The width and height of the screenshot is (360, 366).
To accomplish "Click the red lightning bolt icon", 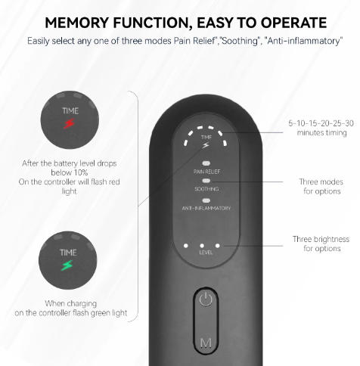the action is (x=69, y=123).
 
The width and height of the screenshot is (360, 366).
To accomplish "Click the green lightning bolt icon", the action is (x=67, y=265).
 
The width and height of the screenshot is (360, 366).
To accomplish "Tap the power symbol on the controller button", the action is (x=206, y=299).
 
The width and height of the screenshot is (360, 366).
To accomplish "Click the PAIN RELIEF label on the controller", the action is (x=206, y=172).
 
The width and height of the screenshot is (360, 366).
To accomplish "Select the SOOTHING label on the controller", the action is (x=206, y=189).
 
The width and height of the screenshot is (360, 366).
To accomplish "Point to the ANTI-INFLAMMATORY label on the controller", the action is (x=206, y=208).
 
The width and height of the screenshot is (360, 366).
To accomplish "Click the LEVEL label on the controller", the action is (x=206, y=253).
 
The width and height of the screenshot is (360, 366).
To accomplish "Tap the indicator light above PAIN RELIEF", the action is (x=206, y=163).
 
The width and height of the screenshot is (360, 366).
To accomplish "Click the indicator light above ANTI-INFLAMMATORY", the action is (x=206, y=200).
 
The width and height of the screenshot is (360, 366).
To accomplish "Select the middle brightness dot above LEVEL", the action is (x=202, y=246).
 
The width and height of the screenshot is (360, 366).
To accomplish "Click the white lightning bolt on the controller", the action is (x=206, y=145).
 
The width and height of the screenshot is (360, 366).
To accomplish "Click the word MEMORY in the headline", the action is (x=77, y=23).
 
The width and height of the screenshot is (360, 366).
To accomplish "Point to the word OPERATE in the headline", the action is (x=293, y=23).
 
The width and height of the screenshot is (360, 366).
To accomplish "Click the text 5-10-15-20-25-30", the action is (x=321, y=123).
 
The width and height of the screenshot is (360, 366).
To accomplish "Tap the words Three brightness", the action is (x=321, y=239).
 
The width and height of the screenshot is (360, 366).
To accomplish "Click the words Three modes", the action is (x=321, y=181).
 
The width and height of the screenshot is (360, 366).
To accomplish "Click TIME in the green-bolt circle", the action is (x=68, y=253).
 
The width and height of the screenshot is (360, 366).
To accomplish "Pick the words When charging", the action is (x=71, y=303).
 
